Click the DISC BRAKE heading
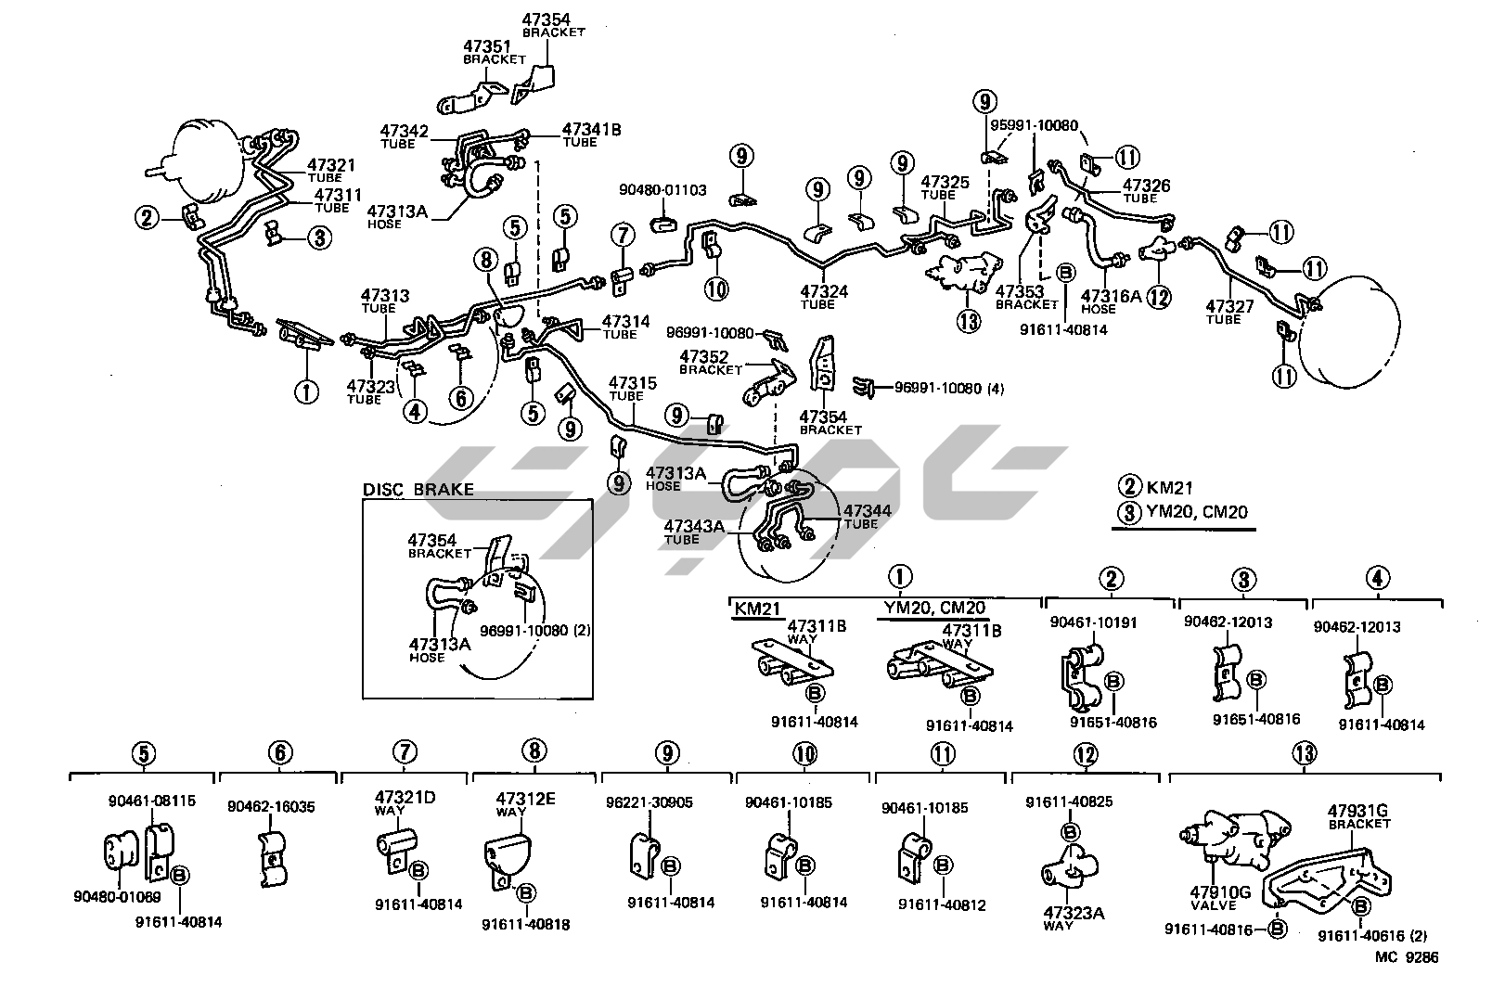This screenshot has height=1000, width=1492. pyautogui.click(x=418, y=490)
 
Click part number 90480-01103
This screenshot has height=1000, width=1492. pyautogui.click(x=662, y=190)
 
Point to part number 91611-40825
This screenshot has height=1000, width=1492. pyautogui.click(x=1069, y=801)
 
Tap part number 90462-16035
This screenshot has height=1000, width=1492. pyautogui.click(x=271, y=807)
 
